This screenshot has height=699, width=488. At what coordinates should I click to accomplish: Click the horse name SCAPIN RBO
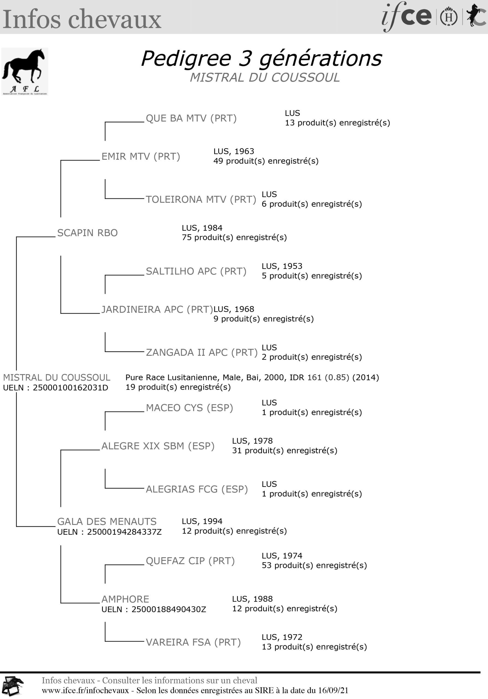(x=87, y=233)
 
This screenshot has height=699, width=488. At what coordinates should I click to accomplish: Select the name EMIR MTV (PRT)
(x=141, y=156)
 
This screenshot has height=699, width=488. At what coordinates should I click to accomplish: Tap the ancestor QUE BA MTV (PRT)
(x=191, y=119)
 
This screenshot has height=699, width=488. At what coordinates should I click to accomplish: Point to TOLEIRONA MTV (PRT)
(x=201, y=200)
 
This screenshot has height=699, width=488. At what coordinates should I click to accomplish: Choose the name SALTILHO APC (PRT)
(x=196, y=271)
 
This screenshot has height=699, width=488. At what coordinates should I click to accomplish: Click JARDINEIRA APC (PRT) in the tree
(x=157, y=310)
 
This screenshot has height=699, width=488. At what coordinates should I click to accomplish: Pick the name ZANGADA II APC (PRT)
(x=201, y=353)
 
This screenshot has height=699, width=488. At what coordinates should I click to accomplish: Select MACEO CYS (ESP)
(x=189, y=408)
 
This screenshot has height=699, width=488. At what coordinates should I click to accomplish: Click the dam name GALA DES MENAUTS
(x=107, y=522)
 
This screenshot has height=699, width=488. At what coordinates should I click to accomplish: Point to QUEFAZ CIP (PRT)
(x=190, y=561)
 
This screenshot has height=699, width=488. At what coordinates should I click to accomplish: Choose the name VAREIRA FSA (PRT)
(x=193, y=642)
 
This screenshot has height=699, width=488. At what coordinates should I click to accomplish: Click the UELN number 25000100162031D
(x=70, y=388)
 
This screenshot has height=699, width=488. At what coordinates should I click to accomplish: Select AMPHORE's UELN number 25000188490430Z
(x=169, y=609)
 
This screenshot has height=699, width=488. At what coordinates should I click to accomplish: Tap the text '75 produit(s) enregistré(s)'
(x=234, y=238)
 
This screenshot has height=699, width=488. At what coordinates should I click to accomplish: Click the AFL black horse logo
(x=25, y=72)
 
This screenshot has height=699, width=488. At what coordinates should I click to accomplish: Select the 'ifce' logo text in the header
(x=406, y=16)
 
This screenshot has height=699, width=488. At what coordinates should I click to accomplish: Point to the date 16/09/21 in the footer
(x=333, y=691)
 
